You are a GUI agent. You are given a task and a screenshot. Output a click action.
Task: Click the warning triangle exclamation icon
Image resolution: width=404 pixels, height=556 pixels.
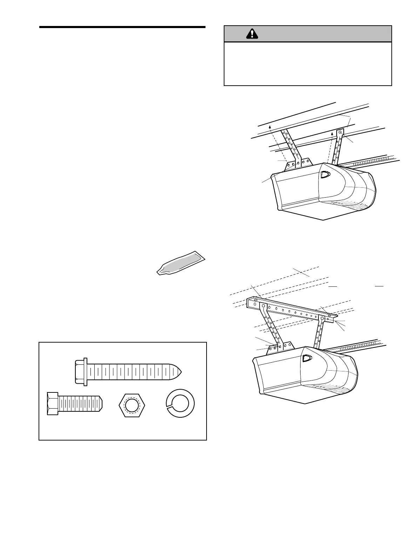click(252, 34)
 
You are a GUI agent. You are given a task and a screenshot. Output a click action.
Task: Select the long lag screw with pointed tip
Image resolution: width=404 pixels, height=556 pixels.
click(128, 371)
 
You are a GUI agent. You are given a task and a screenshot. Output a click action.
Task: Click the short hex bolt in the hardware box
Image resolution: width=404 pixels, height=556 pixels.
click(75, 404)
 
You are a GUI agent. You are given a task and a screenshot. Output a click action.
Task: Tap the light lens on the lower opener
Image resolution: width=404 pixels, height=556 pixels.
click(307, 358)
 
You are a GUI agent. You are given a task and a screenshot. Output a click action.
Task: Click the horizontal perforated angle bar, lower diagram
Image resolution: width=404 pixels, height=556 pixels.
click(291, 309)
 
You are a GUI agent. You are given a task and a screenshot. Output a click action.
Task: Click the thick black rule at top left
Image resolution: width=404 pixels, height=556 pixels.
click(122, 27)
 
